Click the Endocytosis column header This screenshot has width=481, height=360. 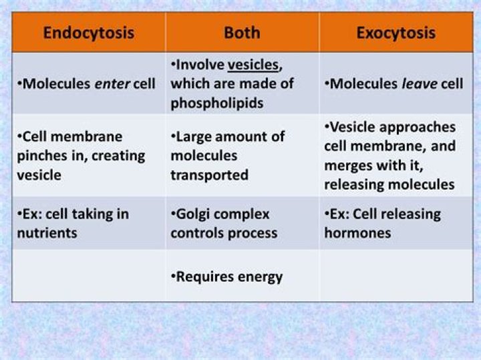tap(89, 33)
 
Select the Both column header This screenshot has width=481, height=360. tap(242, 33)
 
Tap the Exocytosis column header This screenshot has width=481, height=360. tap(395, 33)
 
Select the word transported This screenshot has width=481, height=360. tap(209, 175)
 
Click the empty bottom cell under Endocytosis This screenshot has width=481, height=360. tap(89, 276)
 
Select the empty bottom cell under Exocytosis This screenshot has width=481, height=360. tap(395, 276)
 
